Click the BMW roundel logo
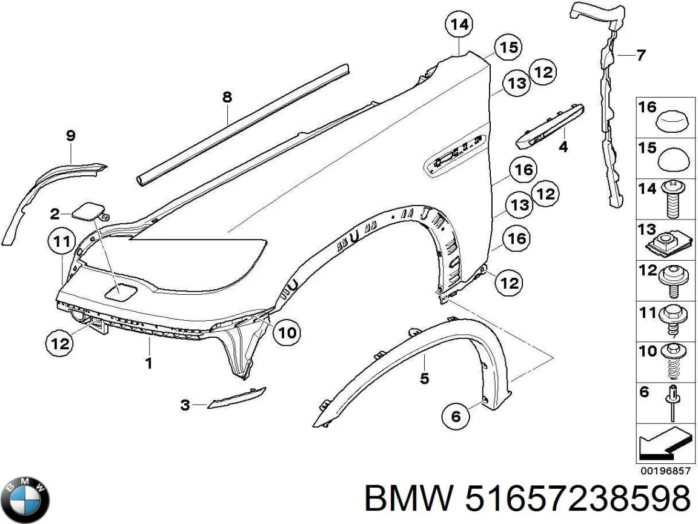click(25, 500)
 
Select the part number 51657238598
click(577, 498)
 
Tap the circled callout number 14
click(459, 24)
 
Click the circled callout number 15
click(508, 47)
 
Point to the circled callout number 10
click(287, 332)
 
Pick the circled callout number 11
click(61, 241)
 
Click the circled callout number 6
click(456, 417)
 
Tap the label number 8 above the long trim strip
click(227, 96)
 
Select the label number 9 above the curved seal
click(70, 135)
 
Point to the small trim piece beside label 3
click(236, 397)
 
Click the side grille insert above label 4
click(550, 126)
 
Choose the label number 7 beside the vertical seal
click(640, 55)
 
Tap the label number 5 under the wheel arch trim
click(424, 378)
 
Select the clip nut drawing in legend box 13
click(670, 246)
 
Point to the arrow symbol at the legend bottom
click(665, 443)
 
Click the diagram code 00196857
click(665, 471)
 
